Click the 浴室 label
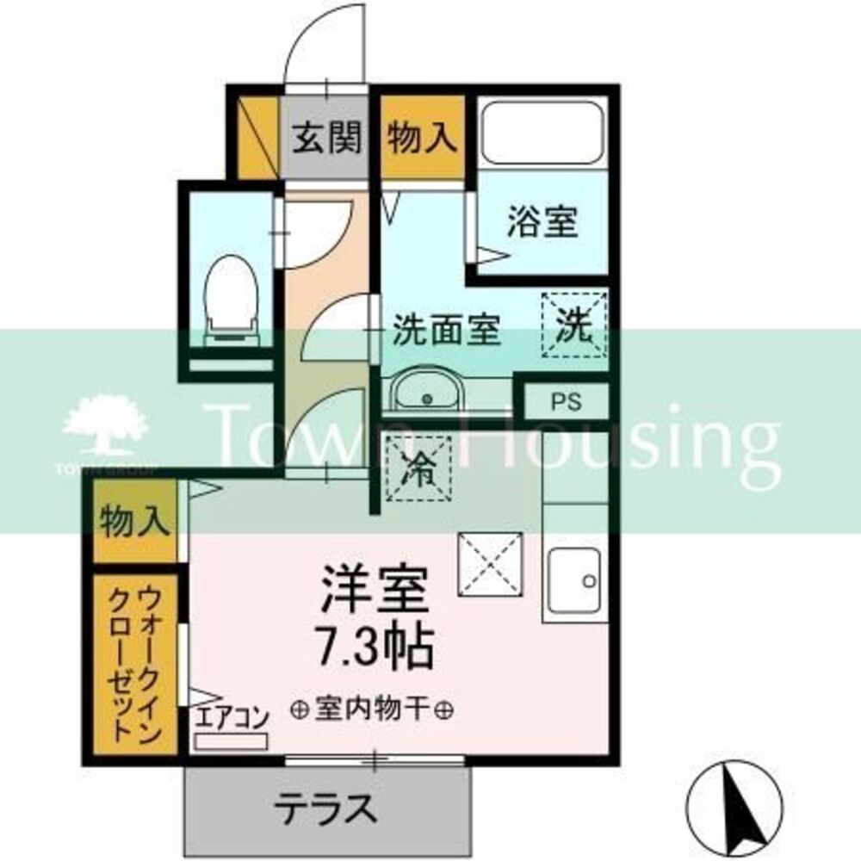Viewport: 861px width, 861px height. (x=542, y=224)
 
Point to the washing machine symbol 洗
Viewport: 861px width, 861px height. (x=573, y=325)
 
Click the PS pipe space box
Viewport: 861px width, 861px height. (x=566, y=401)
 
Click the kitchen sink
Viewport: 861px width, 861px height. (x=575, y=582)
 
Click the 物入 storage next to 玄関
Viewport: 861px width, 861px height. (x=421, y=138)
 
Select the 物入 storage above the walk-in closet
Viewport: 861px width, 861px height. (x=133, y=522)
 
